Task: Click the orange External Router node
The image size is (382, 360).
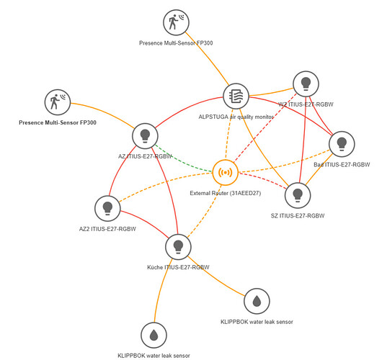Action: [x=226, y=173]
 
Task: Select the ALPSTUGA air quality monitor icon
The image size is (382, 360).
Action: [x=236, y=96]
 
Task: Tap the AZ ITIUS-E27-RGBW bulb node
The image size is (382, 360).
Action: [x=145, y=136]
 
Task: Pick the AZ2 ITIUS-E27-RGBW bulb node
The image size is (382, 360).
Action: [x=107, y=208]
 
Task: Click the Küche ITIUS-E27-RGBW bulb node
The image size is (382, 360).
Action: [x=178, y=247]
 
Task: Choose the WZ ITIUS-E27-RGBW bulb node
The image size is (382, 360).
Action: [x=306, y=84]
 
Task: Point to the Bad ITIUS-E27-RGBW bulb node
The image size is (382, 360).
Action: [x=342, y=144]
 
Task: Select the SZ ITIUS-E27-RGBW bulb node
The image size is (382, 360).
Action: [x=298, y=195]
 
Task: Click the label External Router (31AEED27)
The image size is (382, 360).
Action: [x=226, y=193]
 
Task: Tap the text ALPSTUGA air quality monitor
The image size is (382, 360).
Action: [x=236, y=117]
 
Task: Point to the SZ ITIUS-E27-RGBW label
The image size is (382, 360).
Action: [x=298, y=216]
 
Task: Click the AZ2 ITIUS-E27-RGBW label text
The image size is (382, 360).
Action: [x=107, y=229]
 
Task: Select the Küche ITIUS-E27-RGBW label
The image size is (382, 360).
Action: [x=178, y=267]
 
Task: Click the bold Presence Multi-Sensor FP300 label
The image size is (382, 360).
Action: [x=58, y=122]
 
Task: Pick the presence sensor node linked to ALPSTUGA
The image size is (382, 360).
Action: [x=176, y=22]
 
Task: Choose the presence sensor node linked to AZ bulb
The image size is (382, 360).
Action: [x=58, y=102]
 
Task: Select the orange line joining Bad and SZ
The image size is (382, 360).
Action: [x=319, y=169]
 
